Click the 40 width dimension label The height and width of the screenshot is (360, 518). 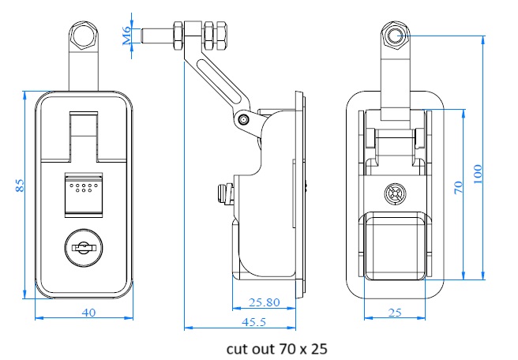click(x=88, y=312)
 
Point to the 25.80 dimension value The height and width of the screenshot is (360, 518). click(x=264, y=302)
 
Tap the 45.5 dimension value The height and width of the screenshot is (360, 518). click(x=254, y=322)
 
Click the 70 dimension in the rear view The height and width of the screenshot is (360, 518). click(x=457, y=188)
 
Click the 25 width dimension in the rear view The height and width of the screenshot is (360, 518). click(x=396, y=313)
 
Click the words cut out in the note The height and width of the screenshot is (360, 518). click(x=244, y=347)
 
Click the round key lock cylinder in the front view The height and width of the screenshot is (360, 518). click(x=82, y=248)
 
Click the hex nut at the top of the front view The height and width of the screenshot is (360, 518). click(x=83, y=35)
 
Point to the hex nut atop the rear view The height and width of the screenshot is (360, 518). click(x=396, y=35)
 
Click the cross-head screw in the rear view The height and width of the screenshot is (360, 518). click(x=394, y=193)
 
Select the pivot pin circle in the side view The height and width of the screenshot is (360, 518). click(x=244, y=119)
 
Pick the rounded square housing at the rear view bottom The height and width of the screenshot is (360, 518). click(x=395, y=248)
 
